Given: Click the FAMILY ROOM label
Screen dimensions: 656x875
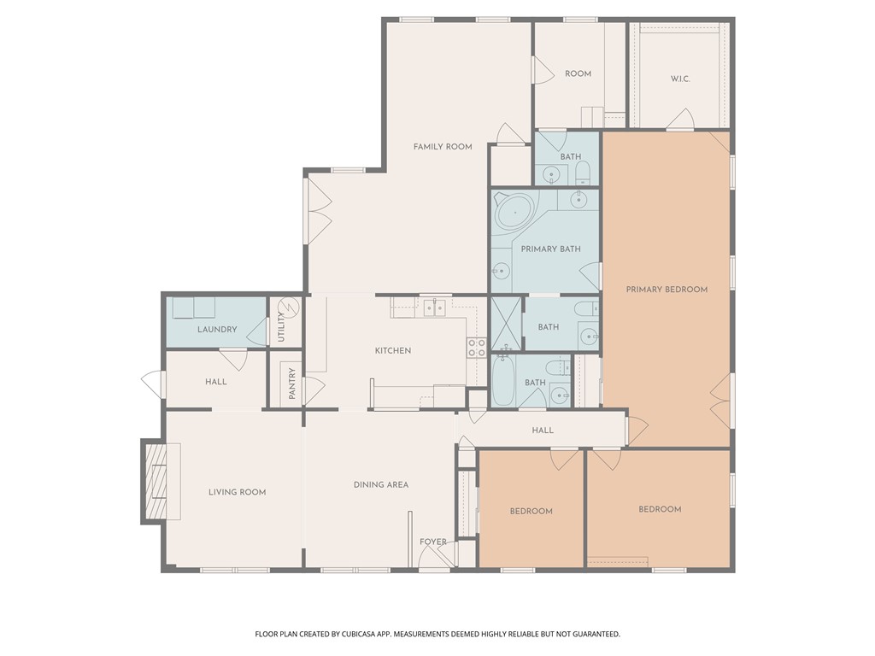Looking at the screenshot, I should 443,147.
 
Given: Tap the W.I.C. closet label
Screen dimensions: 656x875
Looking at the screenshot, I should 680,79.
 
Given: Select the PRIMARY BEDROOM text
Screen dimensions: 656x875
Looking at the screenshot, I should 667,290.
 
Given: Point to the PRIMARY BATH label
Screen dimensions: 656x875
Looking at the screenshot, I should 550,249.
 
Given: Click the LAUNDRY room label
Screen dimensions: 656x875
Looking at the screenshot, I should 217,330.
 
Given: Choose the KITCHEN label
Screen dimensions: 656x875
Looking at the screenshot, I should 393,351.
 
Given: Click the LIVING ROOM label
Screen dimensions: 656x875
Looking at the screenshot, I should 238,492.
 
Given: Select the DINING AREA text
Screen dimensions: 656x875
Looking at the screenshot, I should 381,485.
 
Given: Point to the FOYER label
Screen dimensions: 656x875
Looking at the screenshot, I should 433,542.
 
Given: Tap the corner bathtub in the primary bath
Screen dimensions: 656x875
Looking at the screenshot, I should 515,210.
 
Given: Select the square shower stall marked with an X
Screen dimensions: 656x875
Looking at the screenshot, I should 506,323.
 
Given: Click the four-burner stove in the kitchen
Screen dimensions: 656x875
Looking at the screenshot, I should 476,348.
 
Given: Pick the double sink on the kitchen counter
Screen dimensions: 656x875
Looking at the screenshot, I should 435,307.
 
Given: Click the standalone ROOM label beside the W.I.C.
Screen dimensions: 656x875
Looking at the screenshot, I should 578,74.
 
